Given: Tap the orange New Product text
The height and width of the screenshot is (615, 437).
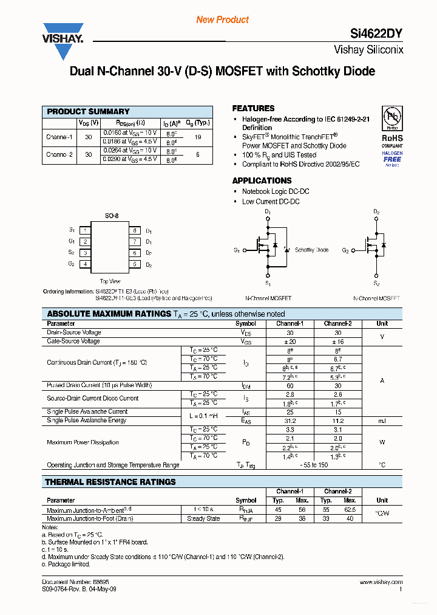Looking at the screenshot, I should [x=222, y=20].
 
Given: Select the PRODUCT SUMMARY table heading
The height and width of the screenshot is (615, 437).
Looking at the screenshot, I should [x=89, y=112].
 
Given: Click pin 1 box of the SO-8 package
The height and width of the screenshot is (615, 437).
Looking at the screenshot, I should [x=86, y=230].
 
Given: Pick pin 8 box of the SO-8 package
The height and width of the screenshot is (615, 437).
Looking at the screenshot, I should [x=134, y=231].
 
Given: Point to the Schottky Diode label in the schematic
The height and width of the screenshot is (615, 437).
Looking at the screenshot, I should [x=311, y=250].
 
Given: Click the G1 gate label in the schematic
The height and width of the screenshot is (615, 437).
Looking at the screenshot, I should [x=237, y=250].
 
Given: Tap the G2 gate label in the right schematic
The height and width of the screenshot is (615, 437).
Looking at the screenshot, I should [x=345, y=250].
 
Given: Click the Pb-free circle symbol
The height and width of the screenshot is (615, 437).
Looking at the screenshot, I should [x=391, y=117].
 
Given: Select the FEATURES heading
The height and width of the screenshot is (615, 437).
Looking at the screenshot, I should [x=253, y=108].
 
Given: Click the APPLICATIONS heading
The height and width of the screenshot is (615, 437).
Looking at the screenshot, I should [x=262, y=180].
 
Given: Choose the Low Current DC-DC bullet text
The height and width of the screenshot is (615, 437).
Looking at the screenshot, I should [x=271, y=202].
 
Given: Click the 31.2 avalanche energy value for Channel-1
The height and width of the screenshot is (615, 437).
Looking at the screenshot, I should [x=290, y=421].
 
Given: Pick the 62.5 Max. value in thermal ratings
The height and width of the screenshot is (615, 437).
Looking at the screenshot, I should [x=350, y=510].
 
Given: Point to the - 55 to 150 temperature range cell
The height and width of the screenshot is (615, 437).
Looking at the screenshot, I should [x=314, y=465].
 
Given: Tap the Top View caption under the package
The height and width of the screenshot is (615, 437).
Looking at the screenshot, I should [x=110, y=281].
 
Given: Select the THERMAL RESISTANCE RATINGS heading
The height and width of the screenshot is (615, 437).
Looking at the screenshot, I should [x=111, y=482].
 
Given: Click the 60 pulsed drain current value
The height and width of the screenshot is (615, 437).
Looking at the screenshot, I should [x=290, y=386].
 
